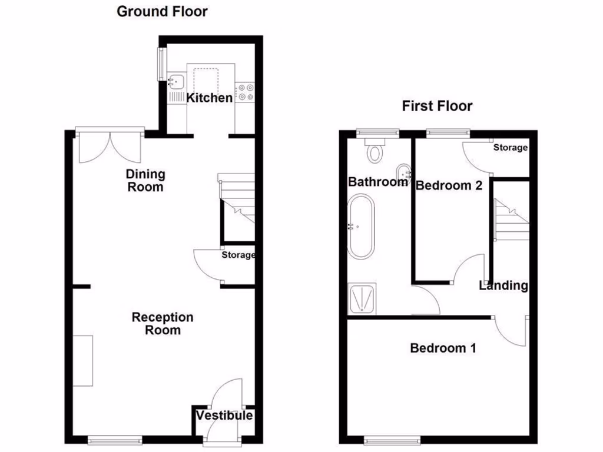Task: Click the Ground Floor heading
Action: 162,11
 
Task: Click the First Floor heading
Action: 437,106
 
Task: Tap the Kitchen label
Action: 210,98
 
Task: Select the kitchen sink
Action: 176,81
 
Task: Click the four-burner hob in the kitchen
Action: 245,92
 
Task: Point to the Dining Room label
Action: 145,181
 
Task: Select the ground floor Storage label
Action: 238,255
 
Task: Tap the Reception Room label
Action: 162,324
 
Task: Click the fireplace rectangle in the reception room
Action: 83,360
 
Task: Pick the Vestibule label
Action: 224,416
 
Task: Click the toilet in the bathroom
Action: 375,151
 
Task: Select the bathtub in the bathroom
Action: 360,227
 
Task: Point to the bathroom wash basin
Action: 404,172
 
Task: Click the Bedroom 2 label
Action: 449,185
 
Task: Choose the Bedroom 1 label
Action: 443,348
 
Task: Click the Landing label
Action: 503,286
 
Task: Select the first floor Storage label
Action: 510,148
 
